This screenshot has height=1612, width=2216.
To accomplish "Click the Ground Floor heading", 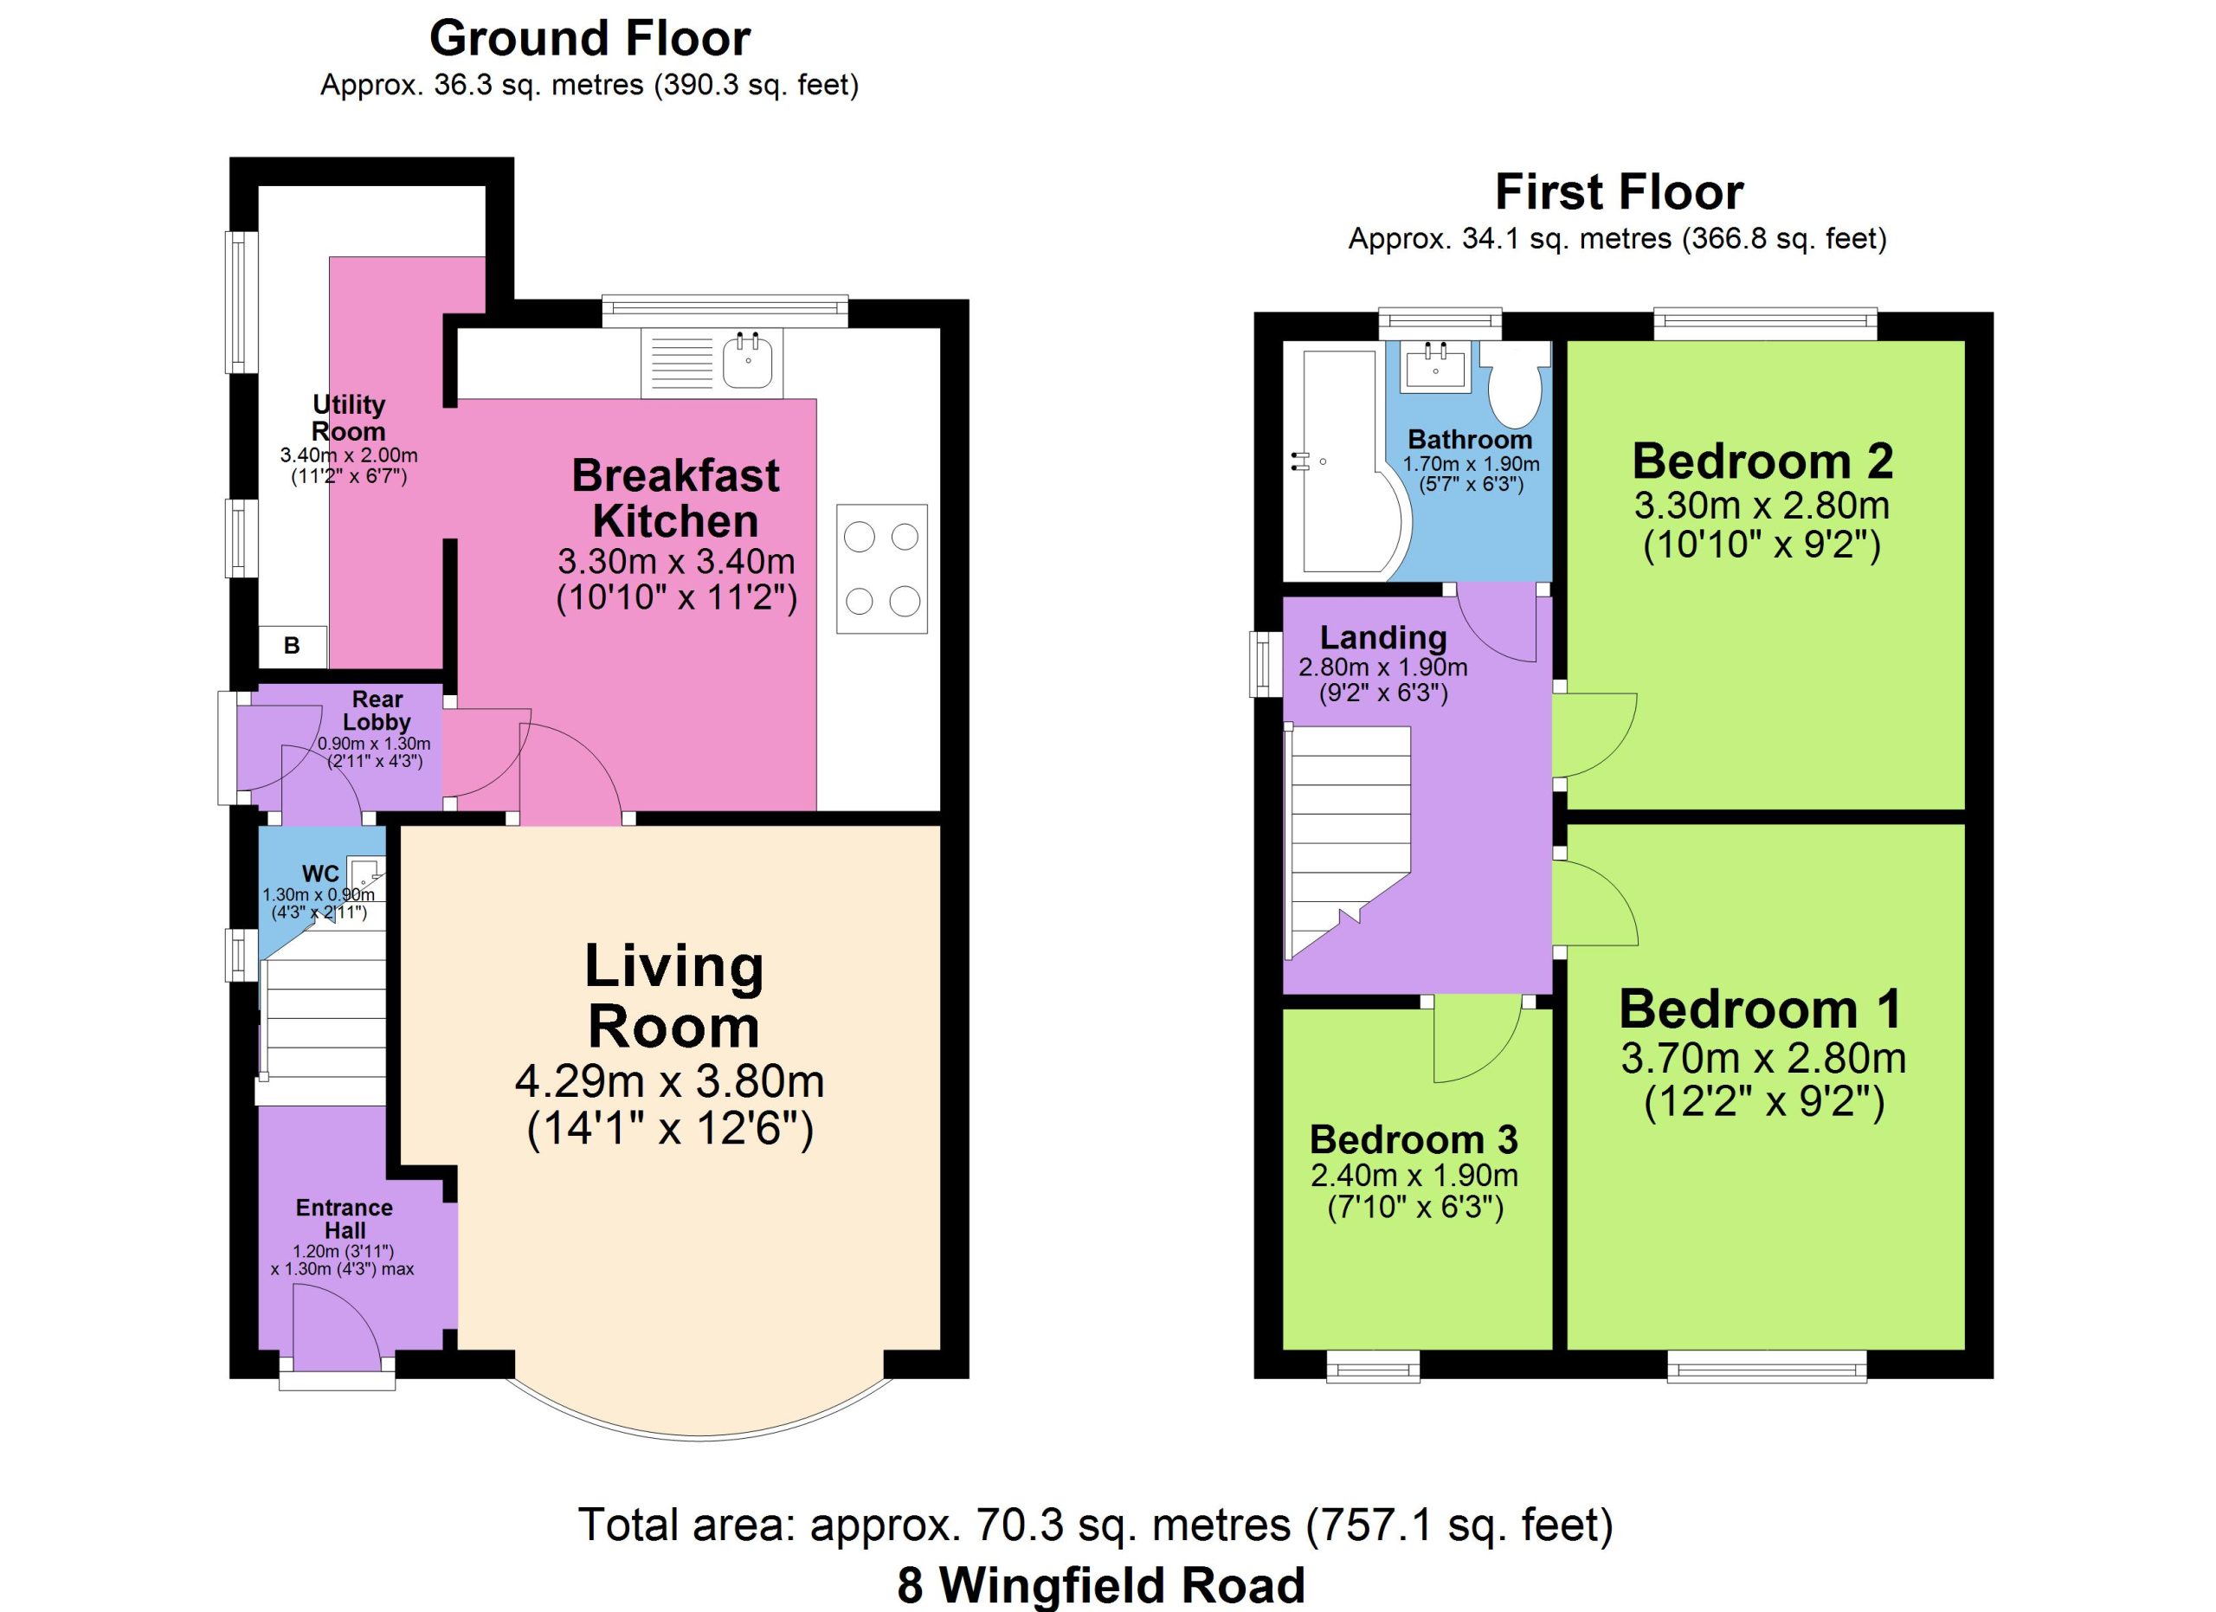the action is [x=590, y=39].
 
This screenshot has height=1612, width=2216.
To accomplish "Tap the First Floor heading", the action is [x=1619, y=191].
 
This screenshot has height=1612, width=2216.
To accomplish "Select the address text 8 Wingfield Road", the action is [x=1101, y=1584].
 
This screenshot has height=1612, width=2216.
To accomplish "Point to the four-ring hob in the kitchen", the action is [x=881, y=569].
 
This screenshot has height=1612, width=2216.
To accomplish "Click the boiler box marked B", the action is [x=291, y=646].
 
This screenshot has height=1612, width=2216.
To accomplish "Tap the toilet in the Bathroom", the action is [x=1515, y=385].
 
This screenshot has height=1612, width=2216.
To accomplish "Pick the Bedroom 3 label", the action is [x=1414, y=1139].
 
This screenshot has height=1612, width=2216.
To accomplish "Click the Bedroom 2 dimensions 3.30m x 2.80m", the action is [x=1762, y=505].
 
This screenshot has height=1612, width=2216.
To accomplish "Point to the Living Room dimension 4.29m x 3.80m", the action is [x=669, y=1081].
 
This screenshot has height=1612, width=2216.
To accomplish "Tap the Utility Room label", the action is [x=349, y=417].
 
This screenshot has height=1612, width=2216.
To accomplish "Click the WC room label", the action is [x=320, y=874].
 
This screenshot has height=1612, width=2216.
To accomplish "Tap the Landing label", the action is [x=1382, y=637].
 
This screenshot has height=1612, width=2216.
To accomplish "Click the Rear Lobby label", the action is [x=377, y=710].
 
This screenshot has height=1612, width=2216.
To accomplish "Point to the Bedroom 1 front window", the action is [x=1767, y=1366].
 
